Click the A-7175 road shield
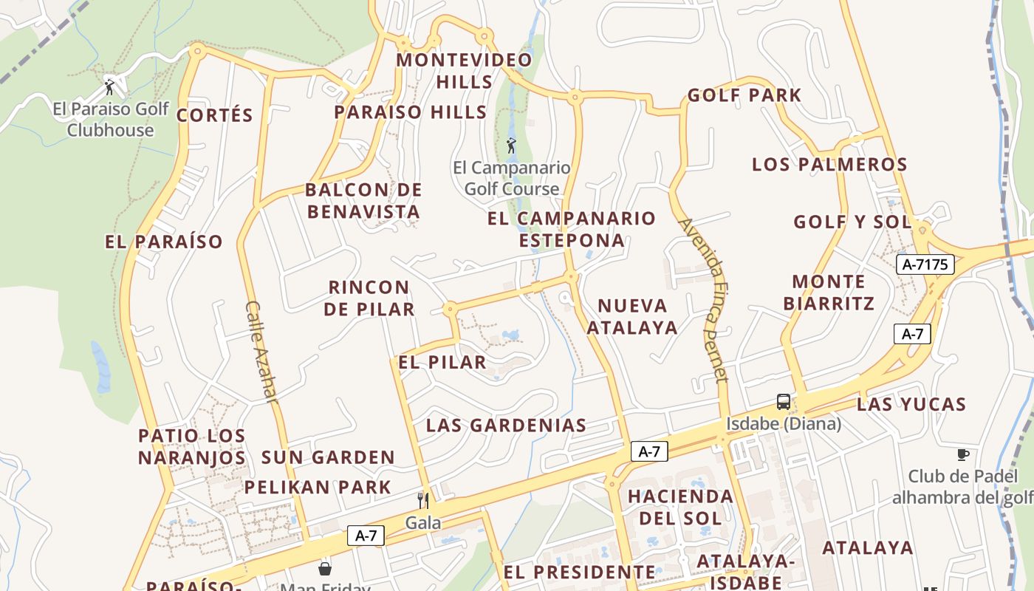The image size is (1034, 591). click(925, 264)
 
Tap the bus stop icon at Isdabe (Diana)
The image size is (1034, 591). click(784, 402)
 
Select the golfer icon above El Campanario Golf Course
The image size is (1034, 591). click(510, 146)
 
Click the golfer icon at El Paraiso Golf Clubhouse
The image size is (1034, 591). click(110, 87)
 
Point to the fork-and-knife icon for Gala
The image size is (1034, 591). click(423, 501)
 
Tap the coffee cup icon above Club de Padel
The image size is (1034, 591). click(962, 454)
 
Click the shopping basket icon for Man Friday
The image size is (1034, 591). click(325, 568)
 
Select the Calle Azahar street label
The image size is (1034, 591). click(261, 352)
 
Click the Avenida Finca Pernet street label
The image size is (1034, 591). click(703, 299)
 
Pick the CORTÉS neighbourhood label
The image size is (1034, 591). click(215, 115)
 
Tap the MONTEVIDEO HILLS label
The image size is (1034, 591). click(465, 71)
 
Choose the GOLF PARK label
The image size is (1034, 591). click(744, 95)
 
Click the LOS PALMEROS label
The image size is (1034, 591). click(829, 165)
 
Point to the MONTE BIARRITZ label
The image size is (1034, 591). click(829, 293)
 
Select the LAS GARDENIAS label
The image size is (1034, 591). click(506, 426)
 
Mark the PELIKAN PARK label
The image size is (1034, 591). click(318, 488)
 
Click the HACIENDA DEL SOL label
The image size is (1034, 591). click(680, 507)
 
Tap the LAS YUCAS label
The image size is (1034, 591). click(911, 405)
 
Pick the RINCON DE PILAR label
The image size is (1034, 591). click(369, 298)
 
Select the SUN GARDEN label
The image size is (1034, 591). click(328, 457)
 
